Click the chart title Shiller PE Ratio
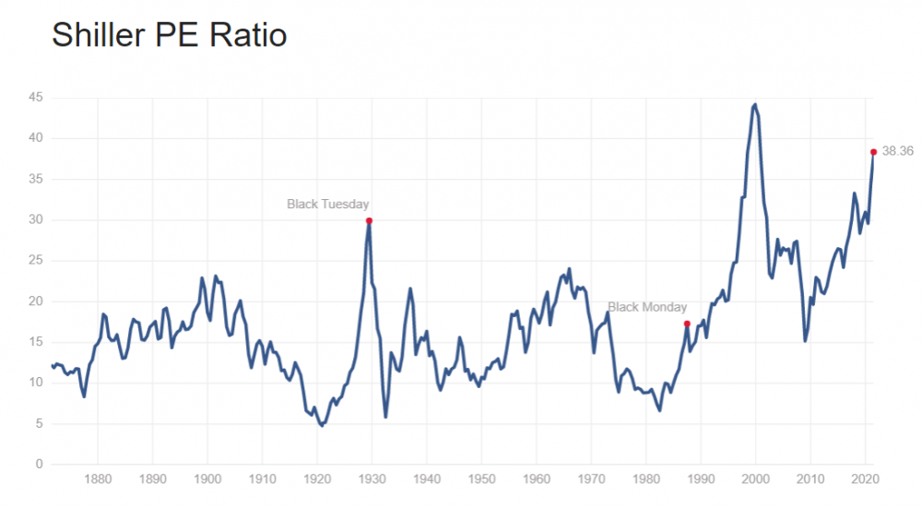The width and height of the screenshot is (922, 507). (x=169, y=36)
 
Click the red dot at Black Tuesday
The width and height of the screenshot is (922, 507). (x=369, y=220)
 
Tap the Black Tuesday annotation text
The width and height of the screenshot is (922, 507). (x=328, y=204)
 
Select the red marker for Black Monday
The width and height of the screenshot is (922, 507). (x=687, y=324)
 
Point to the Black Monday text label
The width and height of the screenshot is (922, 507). (x=647, y=307)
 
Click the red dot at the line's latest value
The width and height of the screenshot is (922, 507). (x=873, y=152)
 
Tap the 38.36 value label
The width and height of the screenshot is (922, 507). (x=898, y=151)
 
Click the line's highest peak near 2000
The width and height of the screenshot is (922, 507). (x=755, y=105)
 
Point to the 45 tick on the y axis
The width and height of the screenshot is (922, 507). (x=36, y=98)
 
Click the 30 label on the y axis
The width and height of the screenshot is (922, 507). (x=36, y=220)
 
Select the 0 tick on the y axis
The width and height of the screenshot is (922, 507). (x=40, y=465)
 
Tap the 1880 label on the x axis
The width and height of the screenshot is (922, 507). (x=98, y=479)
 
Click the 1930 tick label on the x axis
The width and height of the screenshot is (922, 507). (x=372, y=479)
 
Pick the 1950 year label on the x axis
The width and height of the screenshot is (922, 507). (x=481, y=479)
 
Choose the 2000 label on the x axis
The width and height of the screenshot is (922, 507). (x=755, y=479)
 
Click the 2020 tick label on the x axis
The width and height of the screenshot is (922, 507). (x=865, y=479)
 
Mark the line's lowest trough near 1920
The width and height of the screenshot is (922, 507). (x=321, y=425)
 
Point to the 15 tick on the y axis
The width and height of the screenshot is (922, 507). (x=36, y=342)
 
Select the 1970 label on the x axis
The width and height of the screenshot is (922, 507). (x=591, y=479)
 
